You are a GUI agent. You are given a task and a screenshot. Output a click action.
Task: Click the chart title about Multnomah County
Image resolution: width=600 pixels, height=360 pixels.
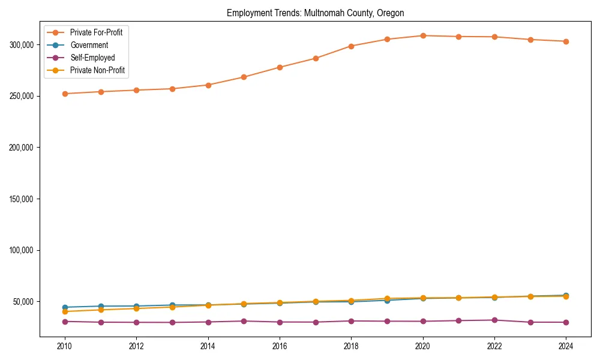315,13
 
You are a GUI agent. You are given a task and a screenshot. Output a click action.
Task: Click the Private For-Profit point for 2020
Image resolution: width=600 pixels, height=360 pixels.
423,35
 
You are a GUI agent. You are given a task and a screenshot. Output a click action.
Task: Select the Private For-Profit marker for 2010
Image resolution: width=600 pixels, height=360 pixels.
65,94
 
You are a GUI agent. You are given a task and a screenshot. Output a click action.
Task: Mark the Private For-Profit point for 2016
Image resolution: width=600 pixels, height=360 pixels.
280,67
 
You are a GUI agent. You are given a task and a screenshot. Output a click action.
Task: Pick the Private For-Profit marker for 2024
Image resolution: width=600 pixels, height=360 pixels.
566,41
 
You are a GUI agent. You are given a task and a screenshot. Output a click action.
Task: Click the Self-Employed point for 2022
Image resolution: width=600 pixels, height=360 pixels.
494,320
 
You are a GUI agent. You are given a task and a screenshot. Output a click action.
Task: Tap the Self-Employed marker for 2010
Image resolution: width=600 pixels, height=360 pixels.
65,322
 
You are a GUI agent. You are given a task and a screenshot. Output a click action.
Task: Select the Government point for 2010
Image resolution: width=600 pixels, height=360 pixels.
65,307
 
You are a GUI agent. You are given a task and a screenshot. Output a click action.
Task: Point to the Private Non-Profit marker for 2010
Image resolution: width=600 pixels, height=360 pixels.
65,311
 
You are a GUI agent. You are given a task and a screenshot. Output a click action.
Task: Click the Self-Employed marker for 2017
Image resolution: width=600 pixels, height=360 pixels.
316,322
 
